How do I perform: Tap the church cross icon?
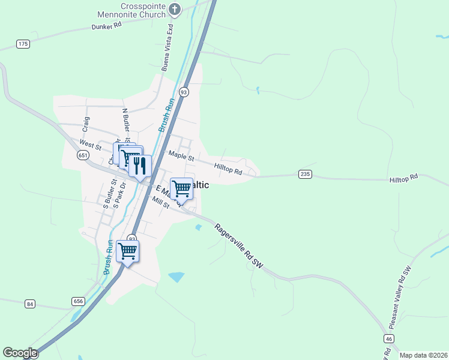click(x=175, y=9)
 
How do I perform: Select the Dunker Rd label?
click(x=107, y=26)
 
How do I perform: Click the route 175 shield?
click(x=23, y=44)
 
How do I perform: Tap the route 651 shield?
click(x=83, y=155)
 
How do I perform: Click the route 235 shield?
click(x=305, y=174)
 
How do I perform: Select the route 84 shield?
click(x=30, y=304)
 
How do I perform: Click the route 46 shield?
click(x=389, y=340)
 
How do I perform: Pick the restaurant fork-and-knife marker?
click(x=140, y=165)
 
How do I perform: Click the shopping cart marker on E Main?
click(x=181, y=189)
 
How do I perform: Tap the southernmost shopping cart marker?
click(x=128, y=251)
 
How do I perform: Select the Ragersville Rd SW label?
click(x=239, y=245)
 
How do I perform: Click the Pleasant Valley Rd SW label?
click(x=400, y=296)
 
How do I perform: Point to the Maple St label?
click(x=181, y=157)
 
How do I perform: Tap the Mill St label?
click(x=161, y=203)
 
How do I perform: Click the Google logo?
click(x=20, y=353)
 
